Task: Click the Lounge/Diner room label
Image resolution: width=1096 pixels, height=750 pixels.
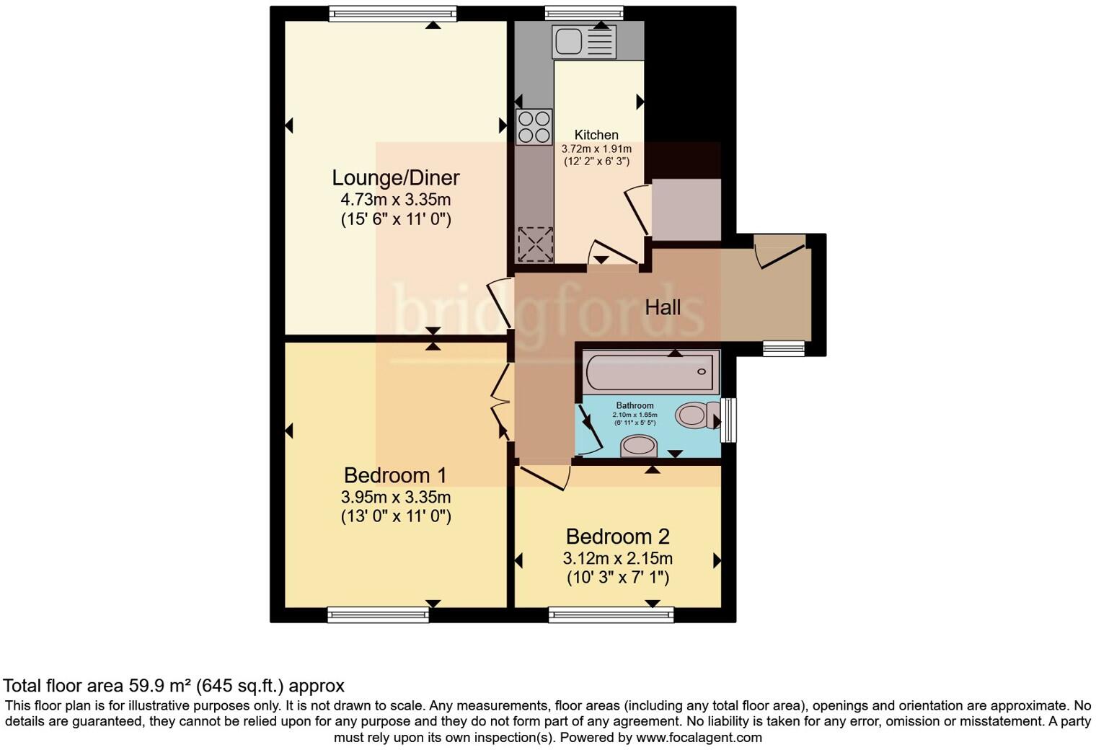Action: (395, 177)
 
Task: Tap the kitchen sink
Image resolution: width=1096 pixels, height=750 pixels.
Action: (583, 42)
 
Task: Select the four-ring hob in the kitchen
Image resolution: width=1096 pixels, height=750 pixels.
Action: (534, 127)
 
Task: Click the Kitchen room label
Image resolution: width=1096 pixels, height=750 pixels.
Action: (596, 135)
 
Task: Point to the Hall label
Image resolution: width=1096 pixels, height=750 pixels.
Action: (662, 308)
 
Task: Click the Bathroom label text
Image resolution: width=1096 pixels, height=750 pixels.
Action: (635, 405)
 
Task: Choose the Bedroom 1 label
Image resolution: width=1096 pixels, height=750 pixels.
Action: (395, 475)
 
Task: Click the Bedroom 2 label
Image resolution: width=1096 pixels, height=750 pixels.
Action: (617, 537)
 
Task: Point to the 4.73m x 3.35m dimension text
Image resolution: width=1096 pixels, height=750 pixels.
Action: (395, 200)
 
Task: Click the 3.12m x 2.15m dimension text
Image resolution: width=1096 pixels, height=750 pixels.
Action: (617, 558)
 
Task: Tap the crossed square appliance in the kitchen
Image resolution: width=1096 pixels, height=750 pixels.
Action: (535, 244)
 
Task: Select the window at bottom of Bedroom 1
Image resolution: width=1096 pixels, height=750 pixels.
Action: (378, 614)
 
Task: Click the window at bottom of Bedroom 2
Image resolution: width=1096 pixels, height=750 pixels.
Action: (611, 614)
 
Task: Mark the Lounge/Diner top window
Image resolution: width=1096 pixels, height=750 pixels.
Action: (393, 13)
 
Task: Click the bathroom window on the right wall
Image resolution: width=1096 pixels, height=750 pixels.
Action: (729, 420)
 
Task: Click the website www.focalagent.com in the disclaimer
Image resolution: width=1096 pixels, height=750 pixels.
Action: (698, 738)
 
